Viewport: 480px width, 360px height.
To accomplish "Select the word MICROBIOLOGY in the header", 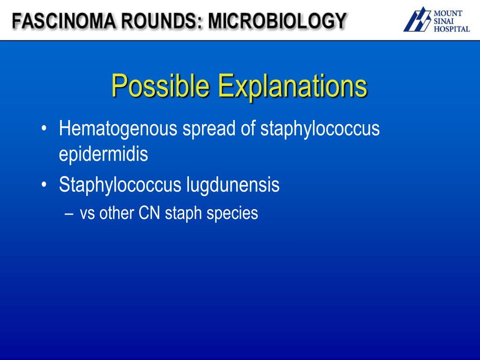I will click(277, 22).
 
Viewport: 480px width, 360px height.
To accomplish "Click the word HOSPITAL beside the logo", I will click(451, 29).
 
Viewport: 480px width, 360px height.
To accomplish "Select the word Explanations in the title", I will click(292, 86).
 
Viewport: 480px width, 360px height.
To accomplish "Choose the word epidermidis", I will click(104, 154).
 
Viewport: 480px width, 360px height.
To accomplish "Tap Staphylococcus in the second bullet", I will click(120, 185).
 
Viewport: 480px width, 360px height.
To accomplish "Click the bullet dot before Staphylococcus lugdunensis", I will click(44, 185).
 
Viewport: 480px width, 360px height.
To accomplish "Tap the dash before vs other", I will click(70, 214).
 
